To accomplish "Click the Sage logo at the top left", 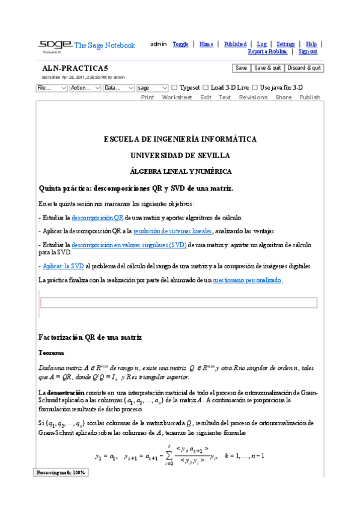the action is (x=54, y=45).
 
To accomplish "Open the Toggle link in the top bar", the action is (x=180, y=44).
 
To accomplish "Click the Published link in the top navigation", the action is (x=235, y=44).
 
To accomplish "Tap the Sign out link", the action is (x=312, y=52).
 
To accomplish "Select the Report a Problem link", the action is (x=267, y=52).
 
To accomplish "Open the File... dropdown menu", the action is (x=52, y=88).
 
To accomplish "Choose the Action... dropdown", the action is (x=85, y=88).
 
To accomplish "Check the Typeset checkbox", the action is (x=174, y=88).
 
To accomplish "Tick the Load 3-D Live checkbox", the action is (x=206, y=88).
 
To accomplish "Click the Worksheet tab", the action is (x=177, y=97).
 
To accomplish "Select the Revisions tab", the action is (x=253, y=97).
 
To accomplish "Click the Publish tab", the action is (x=310, y=97).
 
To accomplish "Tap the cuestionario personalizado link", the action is (x=248, y=280).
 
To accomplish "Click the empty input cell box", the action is (x=178, y=303).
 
